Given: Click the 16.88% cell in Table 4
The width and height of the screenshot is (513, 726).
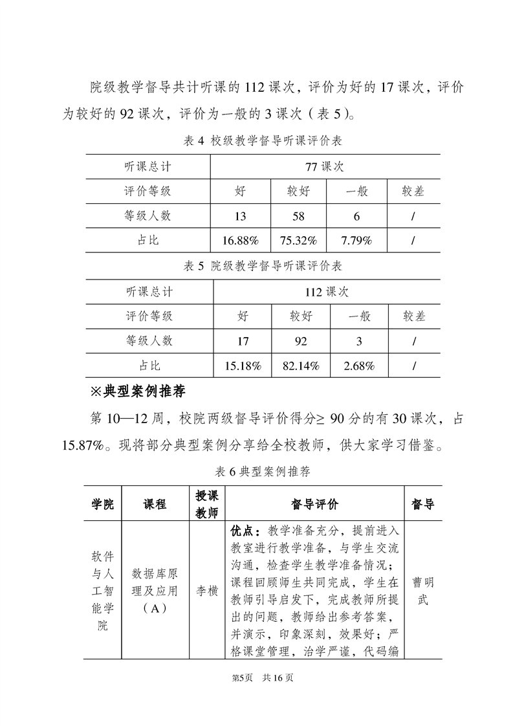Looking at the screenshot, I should click(x=240, y=240).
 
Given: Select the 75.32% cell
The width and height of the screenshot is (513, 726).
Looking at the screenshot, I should click(x=298, y=240).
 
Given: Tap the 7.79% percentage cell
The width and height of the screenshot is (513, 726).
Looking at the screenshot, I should click(x=356, y=240).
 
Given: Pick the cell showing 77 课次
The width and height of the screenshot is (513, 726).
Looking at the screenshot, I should click(x=325, y=166).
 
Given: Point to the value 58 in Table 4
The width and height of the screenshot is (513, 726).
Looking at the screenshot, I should click(x=298, y=216).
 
